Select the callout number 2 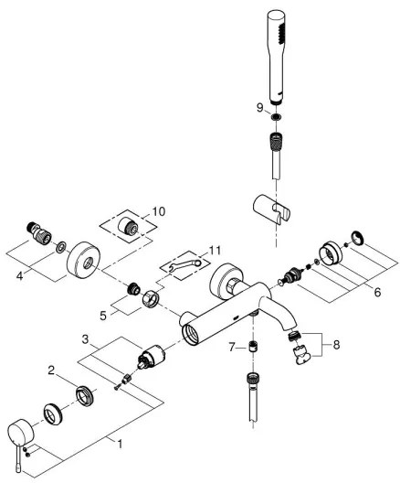[x=51, y=372]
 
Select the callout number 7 [x=233, y=348]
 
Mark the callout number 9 [x=258, y=107]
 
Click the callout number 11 [x=215, y=250]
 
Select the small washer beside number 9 [x=276, y=116]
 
